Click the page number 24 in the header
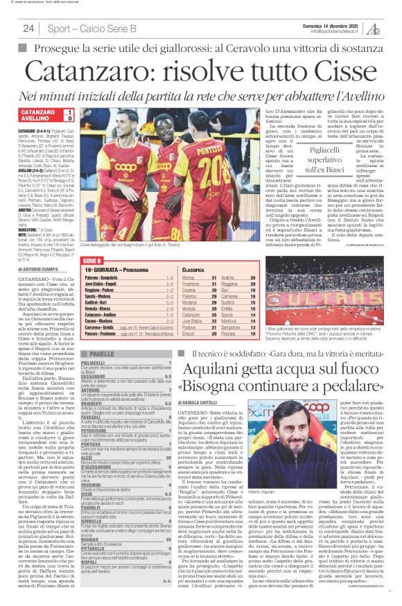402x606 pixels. (x=29, y=28)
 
